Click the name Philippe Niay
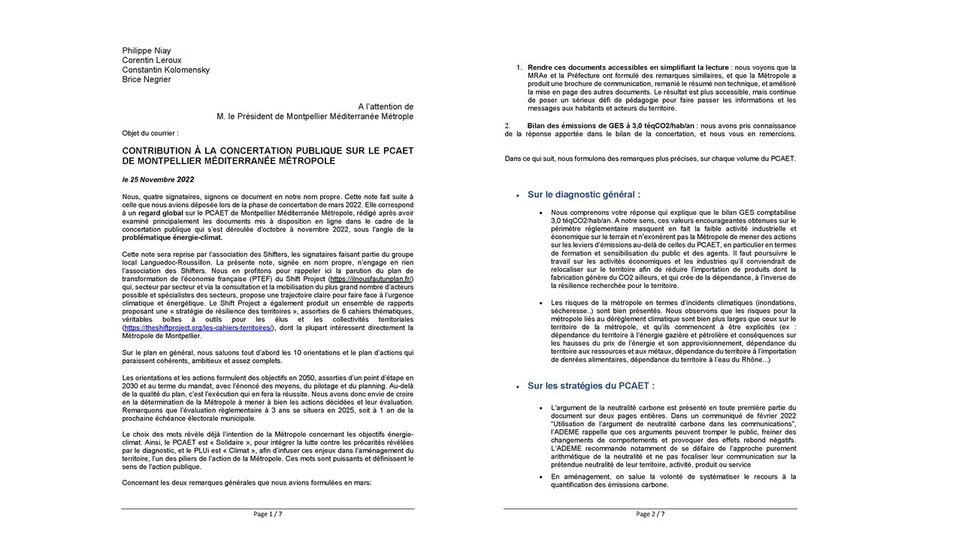click(x=147, y=51)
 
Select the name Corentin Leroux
click(x=152, y=61)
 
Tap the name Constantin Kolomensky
click(x=166, y=71)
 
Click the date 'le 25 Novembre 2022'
click(x=158, y=180)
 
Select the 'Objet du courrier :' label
click(x=150, y=133)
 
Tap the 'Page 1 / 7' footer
click(x=268, y=514)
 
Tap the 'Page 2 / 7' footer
click(x=650, y=514)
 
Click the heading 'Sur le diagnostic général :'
click(x=584, y=195)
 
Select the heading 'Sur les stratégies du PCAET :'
click(x=591, y=386)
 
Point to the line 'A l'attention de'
click(x=386, y=107)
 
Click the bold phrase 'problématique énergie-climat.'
click(x=172, y=237)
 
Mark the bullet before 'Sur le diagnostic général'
click(x=517, y=195)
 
